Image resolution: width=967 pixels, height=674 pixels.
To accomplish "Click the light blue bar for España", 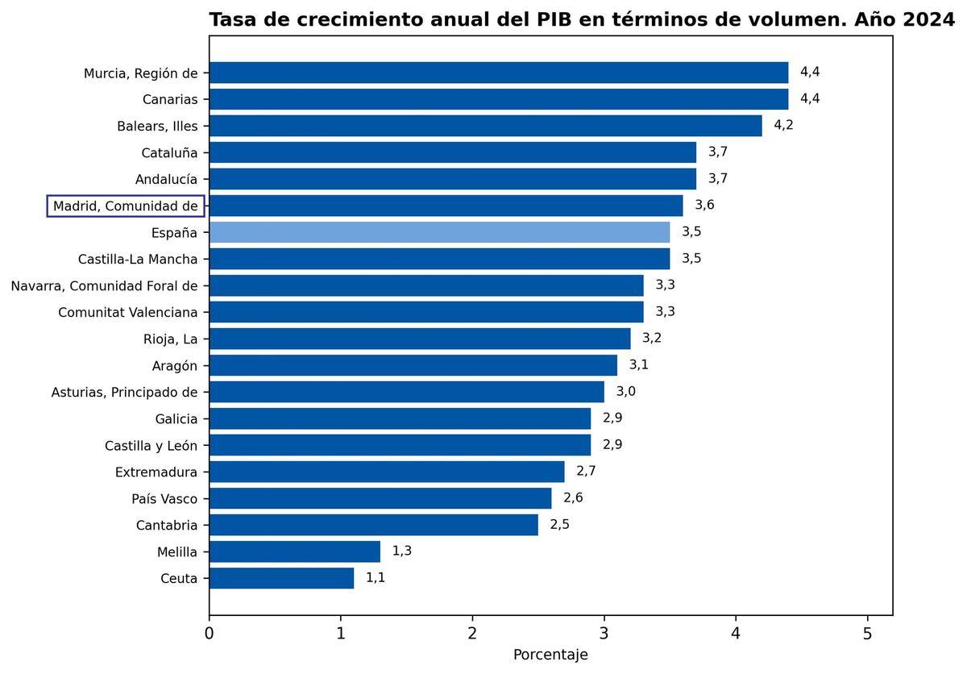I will click(x=439, y=232).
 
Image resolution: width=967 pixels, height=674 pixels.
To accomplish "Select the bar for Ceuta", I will click(x=281, y=578).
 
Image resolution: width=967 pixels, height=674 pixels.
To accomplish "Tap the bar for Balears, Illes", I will click(x=485, y=126).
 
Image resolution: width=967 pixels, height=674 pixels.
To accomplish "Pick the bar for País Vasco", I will click(x=380, y=498).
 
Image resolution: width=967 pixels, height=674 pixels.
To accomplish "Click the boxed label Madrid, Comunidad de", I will click(x=125, y=206).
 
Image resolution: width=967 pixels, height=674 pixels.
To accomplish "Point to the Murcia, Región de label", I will click(x=140, y=73).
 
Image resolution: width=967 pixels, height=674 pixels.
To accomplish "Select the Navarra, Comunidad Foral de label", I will click(x=104, y=285).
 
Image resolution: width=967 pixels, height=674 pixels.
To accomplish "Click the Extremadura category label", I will click(x=156, y=472).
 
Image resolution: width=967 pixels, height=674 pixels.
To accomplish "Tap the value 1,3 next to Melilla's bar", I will click(x=401, y=551).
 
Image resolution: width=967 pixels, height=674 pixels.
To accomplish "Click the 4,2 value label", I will click(x=783, y=125).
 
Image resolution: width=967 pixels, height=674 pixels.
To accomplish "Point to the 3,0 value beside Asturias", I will click(x=626, y=391).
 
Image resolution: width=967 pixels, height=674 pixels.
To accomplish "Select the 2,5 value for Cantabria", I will click(x=559, y=524).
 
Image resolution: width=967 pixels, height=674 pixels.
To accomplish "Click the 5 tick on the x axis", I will click(x=867, y=634).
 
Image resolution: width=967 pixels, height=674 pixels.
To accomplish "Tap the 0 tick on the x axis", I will click(x=210, y=634).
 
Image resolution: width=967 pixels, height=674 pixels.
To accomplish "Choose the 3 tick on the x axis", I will click(x=604, y=634).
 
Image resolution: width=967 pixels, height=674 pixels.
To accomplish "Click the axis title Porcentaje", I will click(x=550, y=655).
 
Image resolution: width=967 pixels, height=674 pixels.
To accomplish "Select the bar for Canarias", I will click(x=498, y=99).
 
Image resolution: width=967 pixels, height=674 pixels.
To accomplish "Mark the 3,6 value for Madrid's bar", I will click(x=704, y=205).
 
